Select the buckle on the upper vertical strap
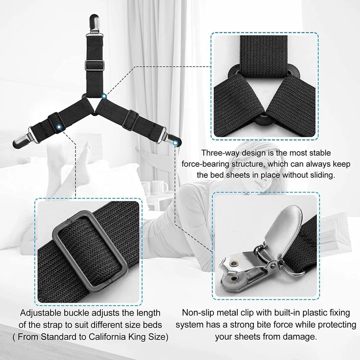coord(95,66)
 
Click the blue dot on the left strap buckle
coord(59,126)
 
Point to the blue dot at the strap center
coord(104,96)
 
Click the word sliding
coord(322,175)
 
